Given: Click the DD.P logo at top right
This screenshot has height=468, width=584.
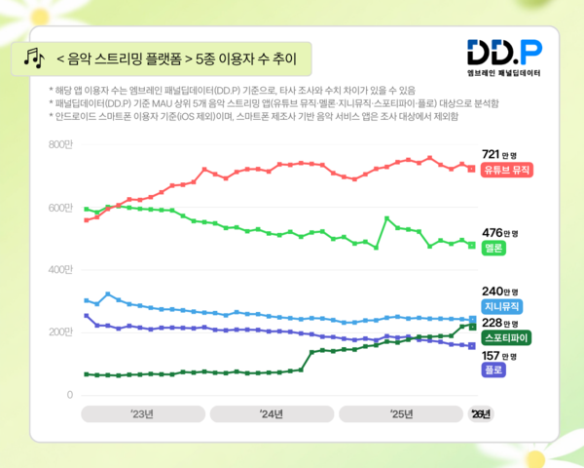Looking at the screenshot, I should [504, 52].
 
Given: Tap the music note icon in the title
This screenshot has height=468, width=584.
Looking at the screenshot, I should [35, 58].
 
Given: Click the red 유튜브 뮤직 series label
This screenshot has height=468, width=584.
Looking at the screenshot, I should [507, 170].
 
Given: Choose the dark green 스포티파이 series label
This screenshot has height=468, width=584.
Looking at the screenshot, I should [507, 337].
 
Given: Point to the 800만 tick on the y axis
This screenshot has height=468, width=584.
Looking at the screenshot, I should [60, 145].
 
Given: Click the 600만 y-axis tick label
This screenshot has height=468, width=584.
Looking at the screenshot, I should [60, 208].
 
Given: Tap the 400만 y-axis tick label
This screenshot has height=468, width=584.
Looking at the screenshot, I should [60, 270].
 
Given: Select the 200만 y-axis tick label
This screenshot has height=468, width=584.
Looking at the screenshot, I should [60, 332].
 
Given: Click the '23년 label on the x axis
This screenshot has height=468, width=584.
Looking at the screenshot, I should [142, 414].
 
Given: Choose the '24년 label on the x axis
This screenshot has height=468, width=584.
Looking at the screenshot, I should [272, 414].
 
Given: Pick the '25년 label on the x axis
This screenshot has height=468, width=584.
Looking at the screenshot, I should [401, 414].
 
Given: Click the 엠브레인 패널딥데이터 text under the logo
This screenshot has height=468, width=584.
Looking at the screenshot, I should [504, 73].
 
